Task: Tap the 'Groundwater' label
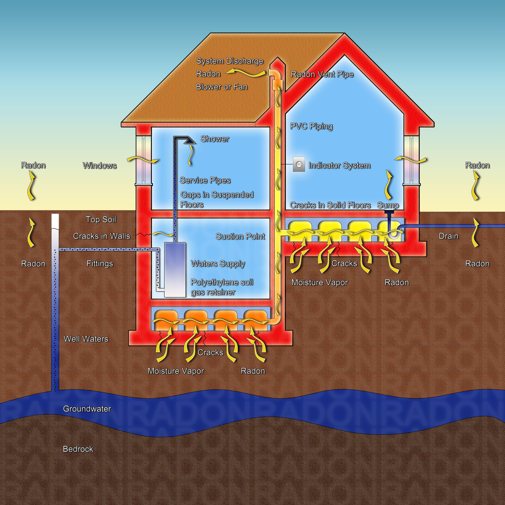coord(87,409)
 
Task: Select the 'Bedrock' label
coord(78,449)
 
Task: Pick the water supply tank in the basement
coord(175,269)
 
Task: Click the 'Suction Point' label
coord(240,237)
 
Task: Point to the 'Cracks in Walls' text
coord(101,236)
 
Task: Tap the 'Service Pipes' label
coord(205,180)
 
